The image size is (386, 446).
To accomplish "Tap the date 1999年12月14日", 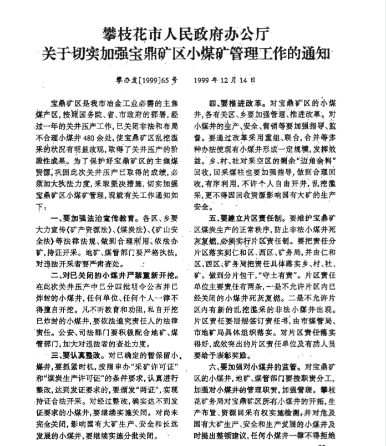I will pyautogui.click(x=225, y=79).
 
